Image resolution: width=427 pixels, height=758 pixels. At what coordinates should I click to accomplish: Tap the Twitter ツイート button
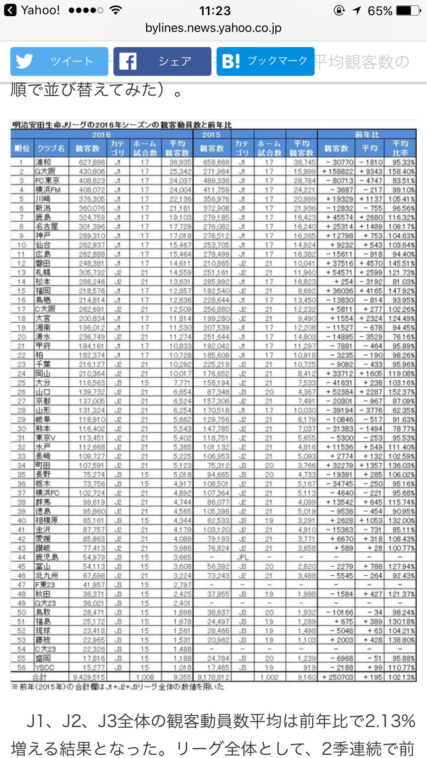[59, 61]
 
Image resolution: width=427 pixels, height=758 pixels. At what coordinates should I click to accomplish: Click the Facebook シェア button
[162, 61]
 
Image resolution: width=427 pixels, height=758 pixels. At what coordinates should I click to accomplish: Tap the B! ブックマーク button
[265, 61]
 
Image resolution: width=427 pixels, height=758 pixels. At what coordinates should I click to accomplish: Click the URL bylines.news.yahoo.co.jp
[213, 28]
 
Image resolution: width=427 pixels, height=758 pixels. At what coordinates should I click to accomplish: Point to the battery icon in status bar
[408, 11]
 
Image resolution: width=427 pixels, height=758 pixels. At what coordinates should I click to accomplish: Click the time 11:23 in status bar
[215, 11]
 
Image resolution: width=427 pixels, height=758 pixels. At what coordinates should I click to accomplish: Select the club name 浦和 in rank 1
[43, 162]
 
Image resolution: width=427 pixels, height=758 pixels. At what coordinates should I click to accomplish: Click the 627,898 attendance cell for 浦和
[91, 162]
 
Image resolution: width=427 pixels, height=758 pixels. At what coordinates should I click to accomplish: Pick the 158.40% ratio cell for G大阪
[401, 171]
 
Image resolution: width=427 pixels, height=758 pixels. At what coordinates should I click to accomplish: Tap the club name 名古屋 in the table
[47, 227]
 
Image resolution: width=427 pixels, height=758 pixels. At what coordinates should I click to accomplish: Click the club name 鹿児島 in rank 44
[47, 557]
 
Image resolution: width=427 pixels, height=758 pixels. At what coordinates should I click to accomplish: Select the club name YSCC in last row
[45, 667]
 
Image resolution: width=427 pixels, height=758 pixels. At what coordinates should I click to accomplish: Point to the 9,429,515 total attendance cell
[89, 677]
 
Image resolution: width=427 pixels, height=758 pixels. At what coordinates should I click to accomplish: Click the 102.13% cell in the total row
[401, 677]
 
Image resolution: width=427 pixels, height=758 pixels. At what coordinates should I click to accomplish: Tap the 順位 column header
[22, 148]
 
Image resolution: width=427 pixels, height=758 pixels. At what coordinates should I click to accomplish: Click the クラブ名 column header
[51, 148]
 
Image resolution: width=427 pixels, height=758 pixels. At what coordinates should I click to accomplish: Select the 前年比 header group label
[366, 134]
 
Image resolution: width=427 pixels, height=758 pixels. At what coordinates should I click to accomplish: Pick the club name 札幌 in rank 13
[43, 273]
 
